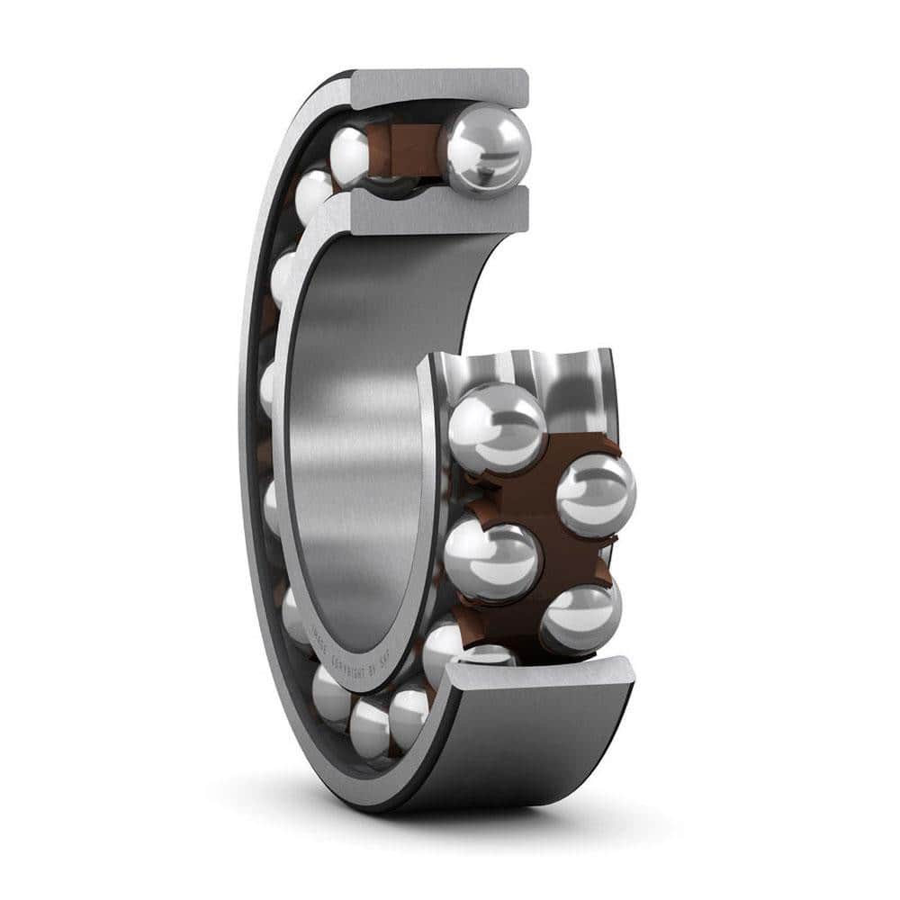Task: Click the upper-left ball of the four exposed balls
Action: pos(497,427)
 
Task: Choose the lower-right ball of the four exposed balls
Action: pos(580,619)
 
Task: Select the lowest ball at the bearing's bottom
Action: pos(369,727)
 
